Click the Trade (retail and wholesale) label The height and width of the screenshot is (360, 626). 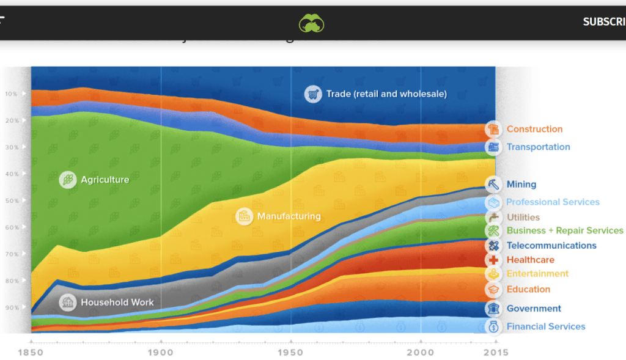(386, 94)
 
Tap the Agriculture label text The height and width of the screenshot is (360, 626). (105, 180)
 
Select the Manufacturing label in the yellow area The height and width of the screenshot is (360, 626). (289, 216)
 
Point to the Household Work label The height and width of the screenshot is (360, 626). (117, 302)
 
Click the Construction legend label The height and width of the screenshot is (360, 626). (534, 129)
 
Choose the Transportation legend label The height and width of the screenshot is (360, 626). (538, 147)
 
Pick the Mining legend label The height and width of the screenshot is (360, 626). (521, 184)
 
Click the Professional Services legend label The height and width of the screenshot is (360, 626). (553, 202)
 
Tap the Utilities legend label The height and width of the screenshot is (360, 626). (523, 217)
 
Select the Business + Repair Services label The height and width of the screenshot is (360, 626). (564, 230)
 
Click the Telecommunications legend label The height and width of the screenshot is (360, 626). (551, 246)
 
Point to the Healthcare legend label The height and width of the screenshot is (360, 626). (530, 260)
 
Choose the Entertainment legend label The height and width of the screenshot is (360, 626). (537, 274)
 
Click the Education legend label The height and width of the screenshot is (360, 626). (528, 289)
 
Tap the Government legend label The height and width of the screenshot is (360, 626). (534, 309)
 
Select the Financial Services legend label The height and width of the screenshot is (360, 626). (545, 326)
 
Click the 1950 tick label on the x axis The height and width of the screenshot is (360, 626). (291, 353)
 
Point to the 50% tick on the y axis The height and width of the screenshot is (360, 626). (12, 200)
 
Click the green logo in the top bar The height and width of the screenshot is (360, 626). (311, 23)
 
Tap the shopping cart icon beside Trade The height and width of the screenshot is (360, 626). (313, 94)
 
